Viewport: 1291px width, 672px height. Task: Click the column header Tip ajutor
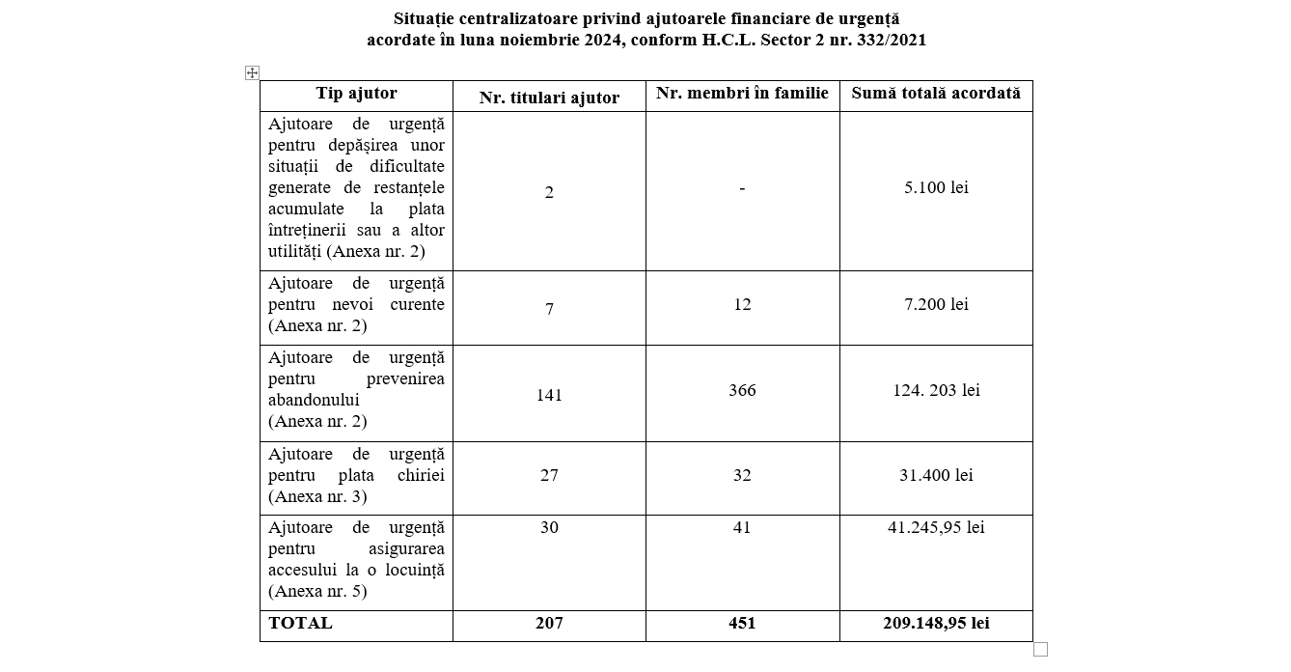356,94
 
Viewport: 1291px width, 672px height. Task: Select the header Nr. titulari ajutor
549,98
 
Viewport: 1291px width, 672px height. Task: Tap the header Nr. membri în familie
742,94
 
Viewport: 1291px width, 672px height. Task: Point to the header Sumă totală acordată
935,94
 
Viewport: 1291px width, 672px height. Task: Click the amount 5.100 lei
935,187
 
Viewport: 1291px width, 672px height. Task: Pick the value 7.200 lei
935,304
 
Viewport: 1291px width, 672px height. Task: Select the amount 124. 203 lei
935,390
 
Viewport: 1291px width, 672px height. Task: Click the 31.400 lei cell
935,475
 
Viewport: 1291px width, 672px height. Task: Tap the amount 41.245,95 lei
935,527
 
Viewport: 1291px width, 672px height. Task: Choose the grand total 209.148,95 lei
935,623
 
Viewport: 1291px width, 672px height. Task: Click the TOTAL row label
300,623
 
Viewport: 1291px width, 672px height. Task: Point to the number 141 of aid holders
549,395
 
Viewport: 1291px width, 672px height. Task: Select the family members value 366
742,390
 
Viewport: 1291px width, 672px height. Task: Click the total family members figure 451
742,623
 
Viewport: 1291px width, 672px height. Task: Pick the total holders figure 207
549,623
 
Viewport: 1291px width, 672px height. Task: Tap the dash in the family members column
742,188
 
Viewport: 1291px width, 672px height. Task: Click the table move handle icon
252,73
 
